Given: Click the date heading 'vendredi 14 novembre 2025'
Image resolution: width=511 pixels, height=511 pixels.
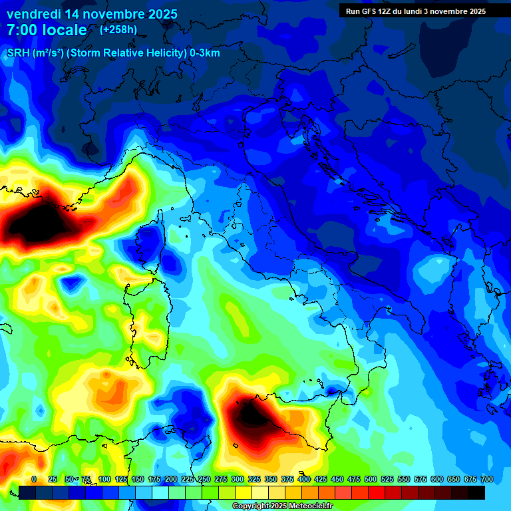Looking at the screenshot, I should pos(92,14).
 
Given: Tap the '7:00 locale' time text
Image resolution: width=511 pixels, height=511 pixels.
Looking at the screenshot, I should pos(47,30).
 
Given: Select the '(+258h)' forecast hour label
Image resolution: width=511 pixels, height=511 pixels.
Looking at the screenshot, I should pos(118,30).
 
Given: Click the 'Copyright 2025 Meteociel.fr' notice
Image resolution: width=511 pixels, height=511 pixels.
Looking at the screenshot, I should pos(282,506).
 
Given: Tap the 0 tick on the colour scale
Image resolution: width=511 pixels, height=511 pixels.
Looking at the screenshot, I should pos(34,479).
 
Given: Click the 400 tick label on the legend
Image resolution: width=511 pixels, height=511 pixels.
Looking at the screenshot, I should pos(304,479).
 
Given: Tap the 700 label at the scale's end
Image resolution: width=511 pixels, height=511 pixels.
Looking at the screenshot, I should pos(486,479).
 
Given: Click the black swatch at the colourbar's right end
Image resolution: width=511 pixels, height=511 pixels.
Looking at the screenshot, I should pos(476,492).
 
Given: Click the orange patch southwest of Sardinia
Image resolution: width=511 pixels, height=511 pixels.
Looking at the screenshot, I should pos(110,393).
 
